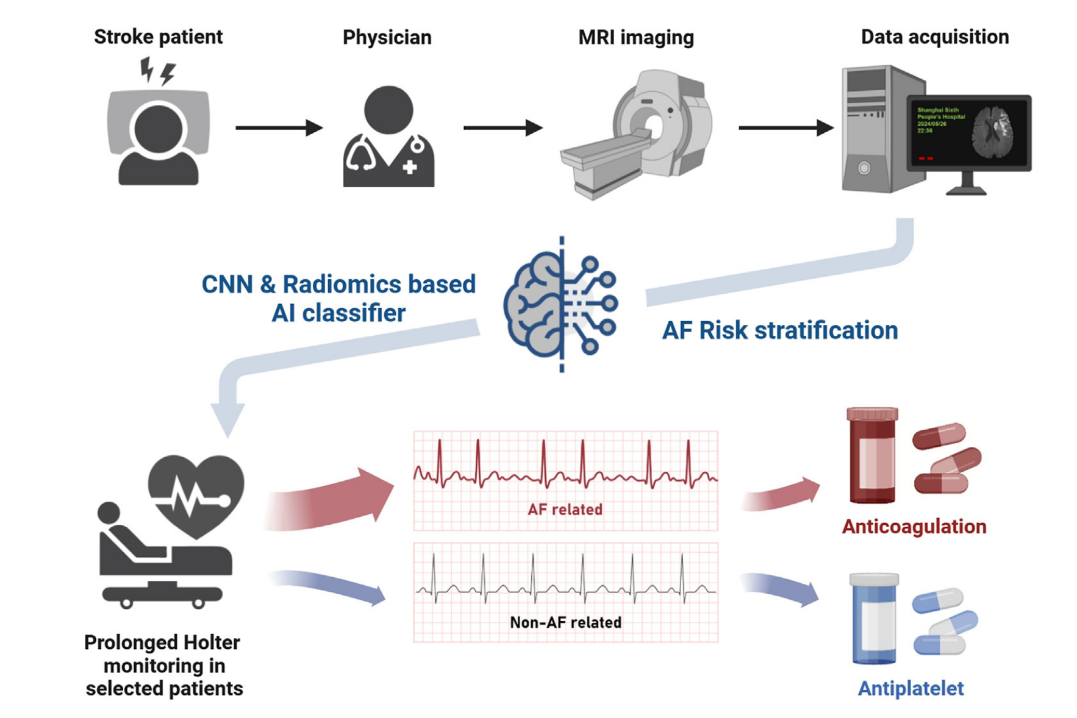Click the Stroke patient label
(158, 37)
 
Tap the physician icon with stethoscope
(388, 137)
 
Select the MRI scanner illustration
(637, 134)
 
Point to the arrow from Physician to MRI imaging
(503, 128)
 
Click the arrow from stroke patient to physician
(279, 128)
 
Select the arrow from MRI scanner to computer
(785, 128)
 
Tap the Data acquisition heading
(934, 37)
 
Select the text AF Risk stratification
(779, 330)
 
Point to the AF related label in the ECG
(565, 510)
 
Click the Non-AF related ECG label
(565, 622)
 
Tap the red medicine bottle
(872, 456)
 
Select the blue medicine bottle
(874, 619)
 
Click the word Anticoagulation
(914, 527)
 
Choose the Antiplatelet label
(911, 688)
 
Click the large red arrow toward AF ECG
(332, 500)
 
